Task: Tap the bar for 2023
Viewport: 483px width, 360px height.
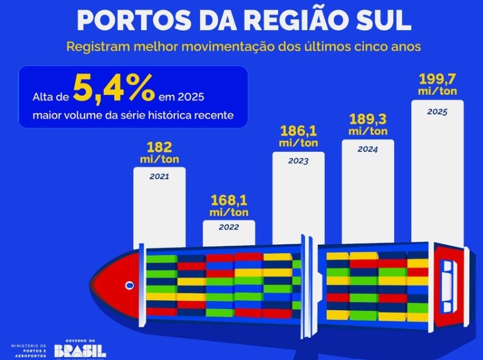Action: tap(298, 195)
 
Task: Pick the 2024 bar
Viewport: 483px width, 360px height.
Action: tap(368, 189)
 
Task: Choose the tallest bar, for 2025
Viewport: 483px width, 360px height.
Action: tap(437, 170)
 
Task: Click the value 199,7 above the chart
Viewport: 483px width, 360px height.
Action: tap(437, 80)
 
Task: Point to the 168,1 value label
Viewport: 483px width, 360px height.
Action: tap(229, 201)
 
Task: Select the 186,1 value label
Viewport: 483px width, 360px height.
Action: tap(298, 132)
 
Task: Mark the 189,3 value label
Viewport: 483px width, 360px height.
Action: tap(368, 120)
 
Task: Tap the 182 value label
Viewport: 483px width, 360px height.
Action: tap(159, 147)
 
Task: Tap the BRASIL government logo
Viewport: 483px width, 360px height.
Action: tap(80, 350)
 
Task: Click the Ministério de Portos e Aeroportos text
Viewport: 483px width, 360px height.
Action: tap(29, 350)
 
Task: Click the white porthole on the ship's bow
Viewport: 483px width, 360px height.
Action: tap(130, 285)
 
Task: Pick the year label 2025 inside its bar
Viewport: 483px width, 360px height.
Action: tap(437, 111)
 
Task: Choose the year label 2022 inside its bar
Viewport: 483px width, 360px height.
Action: tap(229, 228)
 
